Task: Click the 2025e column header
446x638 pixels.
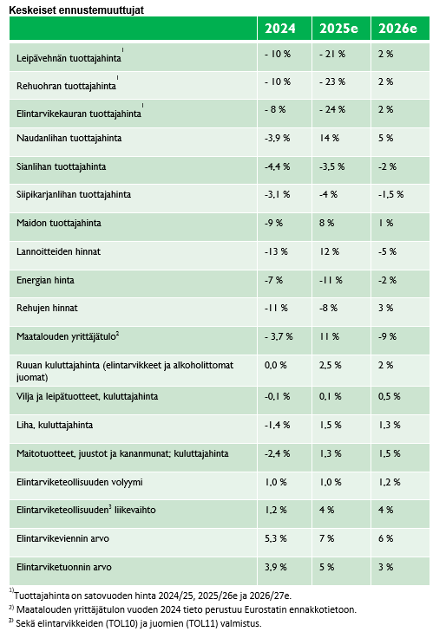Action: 338,28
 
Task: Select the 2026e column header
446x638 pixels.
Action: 397,28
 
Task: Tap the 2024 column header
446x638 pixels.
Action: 279,28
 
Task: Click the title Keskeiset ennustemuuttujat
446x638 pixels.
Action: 76,10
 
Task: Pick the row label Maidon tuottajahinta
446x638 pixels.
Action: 59,223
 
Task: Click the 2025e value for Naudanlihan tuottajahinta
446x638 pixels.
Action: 329,138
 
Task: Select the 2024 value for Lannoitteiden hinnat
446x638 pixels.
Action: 276,251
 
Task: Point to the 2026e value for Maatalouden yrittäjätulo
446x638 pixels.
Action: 387,336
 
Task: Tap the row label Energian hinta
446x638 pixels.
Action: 45,280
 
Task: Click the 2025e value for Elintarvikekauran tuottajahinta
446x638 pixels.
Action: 332,109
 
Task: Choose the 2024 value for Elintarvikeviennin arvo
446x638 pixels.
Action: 275,538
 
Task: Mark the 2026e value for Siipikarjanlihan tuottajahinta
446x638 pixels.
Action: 390,194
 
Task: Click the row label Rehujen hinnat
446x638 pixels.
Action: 47,308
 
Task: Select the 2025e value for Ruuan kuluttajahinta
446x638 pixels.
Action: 331,365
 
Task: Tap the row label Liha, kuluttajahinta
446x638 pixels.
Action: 55,425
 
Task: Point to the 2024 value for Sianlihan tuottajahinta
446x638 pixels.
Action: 277,166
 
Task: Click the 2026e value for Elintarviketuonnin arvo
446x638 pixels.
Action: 385,567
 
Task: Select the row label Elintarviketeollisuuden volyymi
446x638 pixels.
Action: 80,482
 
